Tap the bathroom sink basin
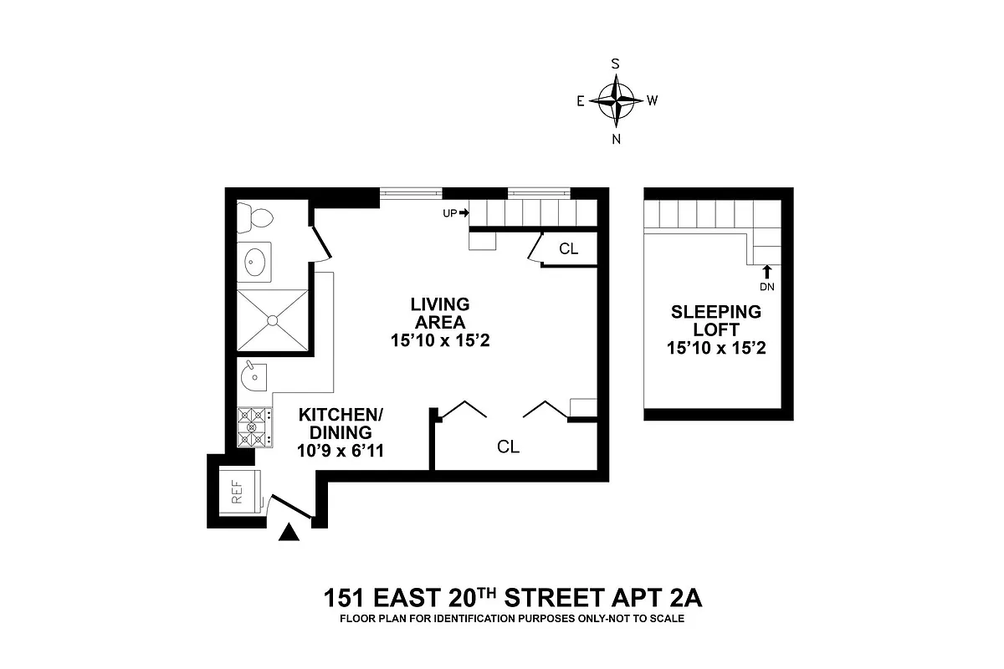(255, 263)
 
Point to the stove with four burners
(254, 427)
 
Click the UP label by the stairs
(449, 213)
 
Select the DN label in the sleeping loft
(767, 287)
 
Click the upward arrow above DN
(767, 271)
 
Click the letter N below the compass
(617, 139)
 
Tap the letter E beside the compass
(580, 101)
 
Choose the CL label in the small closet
(569, 248)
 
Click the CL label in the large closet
(508, 447)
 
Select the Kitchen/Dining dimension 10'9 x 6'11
(334, 452)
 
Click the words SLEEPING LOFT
(716, 321)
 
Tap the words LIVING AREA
(439, 313)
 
